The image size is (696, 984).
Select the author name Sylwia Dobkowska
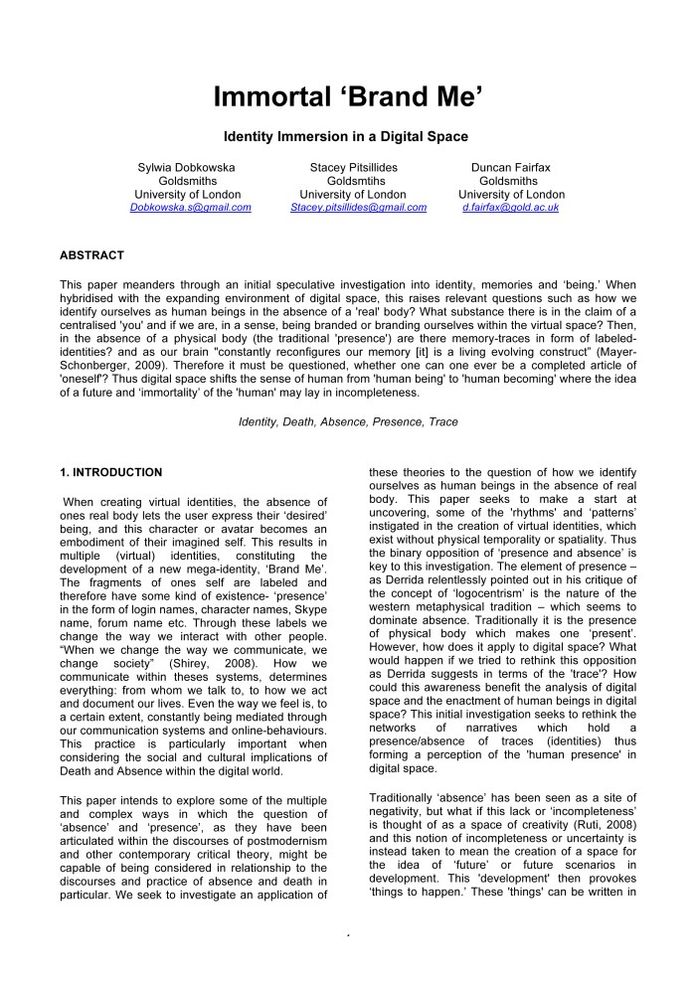(187, 168)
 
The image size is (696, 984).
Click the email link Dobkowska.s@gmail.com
(190, 208)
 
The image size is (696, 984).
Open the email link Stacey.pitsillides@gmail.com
(358, 208)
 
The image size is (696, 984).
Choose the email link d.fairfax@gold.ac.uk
(510, 208)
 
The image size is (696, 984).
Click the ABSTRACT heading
(91, 255)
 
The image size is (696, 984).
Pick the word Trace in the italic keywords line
(442, 421)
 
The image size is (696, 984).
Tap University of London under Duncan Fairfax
(511, 195)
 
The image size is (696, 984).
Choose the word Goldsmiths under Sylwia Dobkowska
(187, 182)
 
